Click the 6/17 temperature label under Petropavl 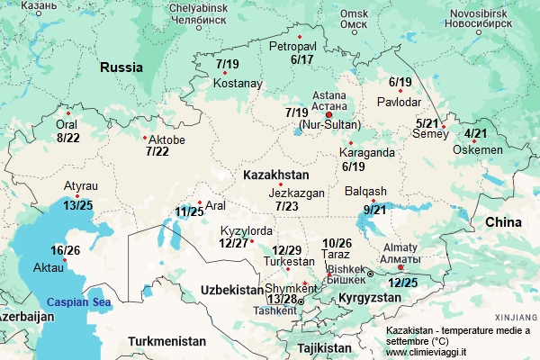[301, 59]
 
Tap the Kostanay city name [238, 84]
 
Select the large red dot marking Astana [328, 114]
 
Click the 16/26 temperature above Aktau [65, 250]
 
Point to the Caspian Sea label [78, 302]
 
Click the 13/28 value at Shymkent [282, 299]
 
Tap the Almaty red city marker [400, 266]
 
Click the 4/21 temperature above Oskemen [476, 134]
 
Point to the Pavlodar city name [399, 101]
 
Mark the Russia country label [121, 67]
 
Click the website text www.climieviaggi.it [426, 353]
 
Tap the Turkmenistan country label [166, 341]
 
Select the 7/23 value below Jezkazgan [287, 206]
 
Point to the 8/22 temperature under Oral [67, 138]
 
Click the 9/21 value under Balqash [374, 210]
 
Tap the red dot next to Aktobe [145, 138]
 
